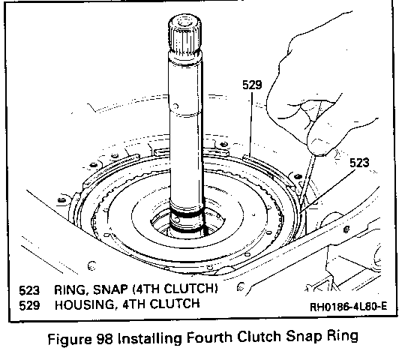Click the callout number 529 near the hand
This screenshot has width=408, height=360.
[252, 85]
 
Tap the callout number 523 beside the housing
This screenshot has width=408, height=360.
[359, 163]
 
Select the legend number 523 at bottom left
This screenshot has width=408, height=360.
[29, 290]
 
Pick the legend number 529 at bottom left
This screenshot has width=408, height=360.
[29, 305]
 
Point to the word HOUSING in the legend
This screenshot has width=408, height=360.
[85, 304]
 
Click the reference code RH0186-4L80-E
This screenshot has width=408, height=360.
[349, 307]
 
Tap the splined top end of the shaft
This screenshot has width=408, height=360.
[184, 33]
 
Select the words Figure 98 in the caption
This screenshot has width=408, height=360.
[80, 339]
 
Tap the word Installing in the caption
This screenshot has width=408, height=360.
[149, 339]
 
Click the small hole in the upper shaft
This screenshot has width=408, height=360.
[175, 106]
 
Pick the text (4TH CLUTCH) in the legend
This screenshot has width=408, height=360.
[175, 289]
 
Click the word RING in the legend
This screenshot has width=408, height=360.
[70, 290]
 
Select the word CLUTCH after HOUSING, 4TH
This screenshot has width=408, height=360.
[175, 304]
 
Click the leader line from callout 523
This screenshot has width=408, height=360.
[328, 191]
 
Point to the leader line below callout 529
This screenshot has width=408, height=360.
[250, 124]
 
